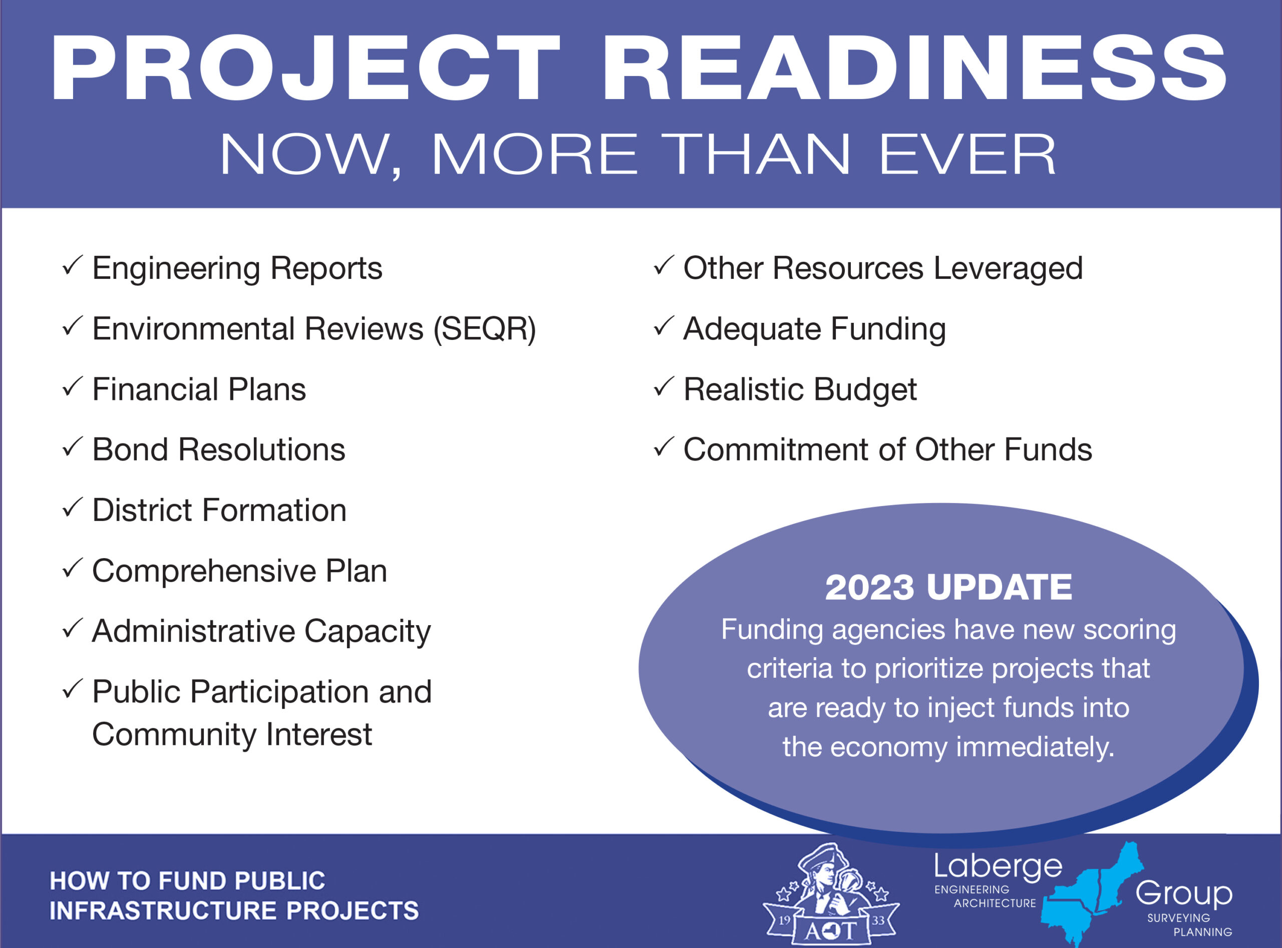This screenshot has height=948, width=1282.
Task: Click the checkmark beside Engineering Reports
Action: [72, 265]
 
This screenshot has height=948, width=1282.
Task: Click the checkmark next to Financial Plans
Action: [72, 386]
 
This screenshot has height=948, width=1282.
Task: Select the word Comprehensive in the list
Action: [204, 572]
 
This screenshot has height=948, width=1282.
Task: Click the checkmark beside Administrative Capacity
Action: [72, 628]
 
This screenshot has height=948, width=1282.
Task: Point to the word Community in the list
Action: [174, 735]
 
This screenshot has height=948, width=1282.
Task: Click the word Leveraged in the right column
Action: [1008, 269]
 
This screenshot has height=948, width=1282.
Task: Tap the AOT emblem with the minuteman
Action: [831, 894]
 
